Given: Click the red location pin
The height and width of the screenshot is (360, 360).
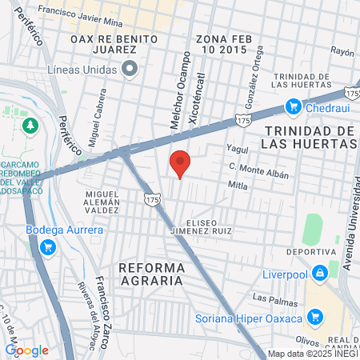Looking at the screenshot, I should point(180,162).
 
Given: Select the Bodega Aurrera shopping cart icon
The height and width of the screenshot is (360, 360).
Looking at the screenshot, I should point(47,246).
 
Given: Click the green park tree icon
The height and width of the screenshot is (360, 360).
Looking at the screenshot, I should point(30,126).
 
